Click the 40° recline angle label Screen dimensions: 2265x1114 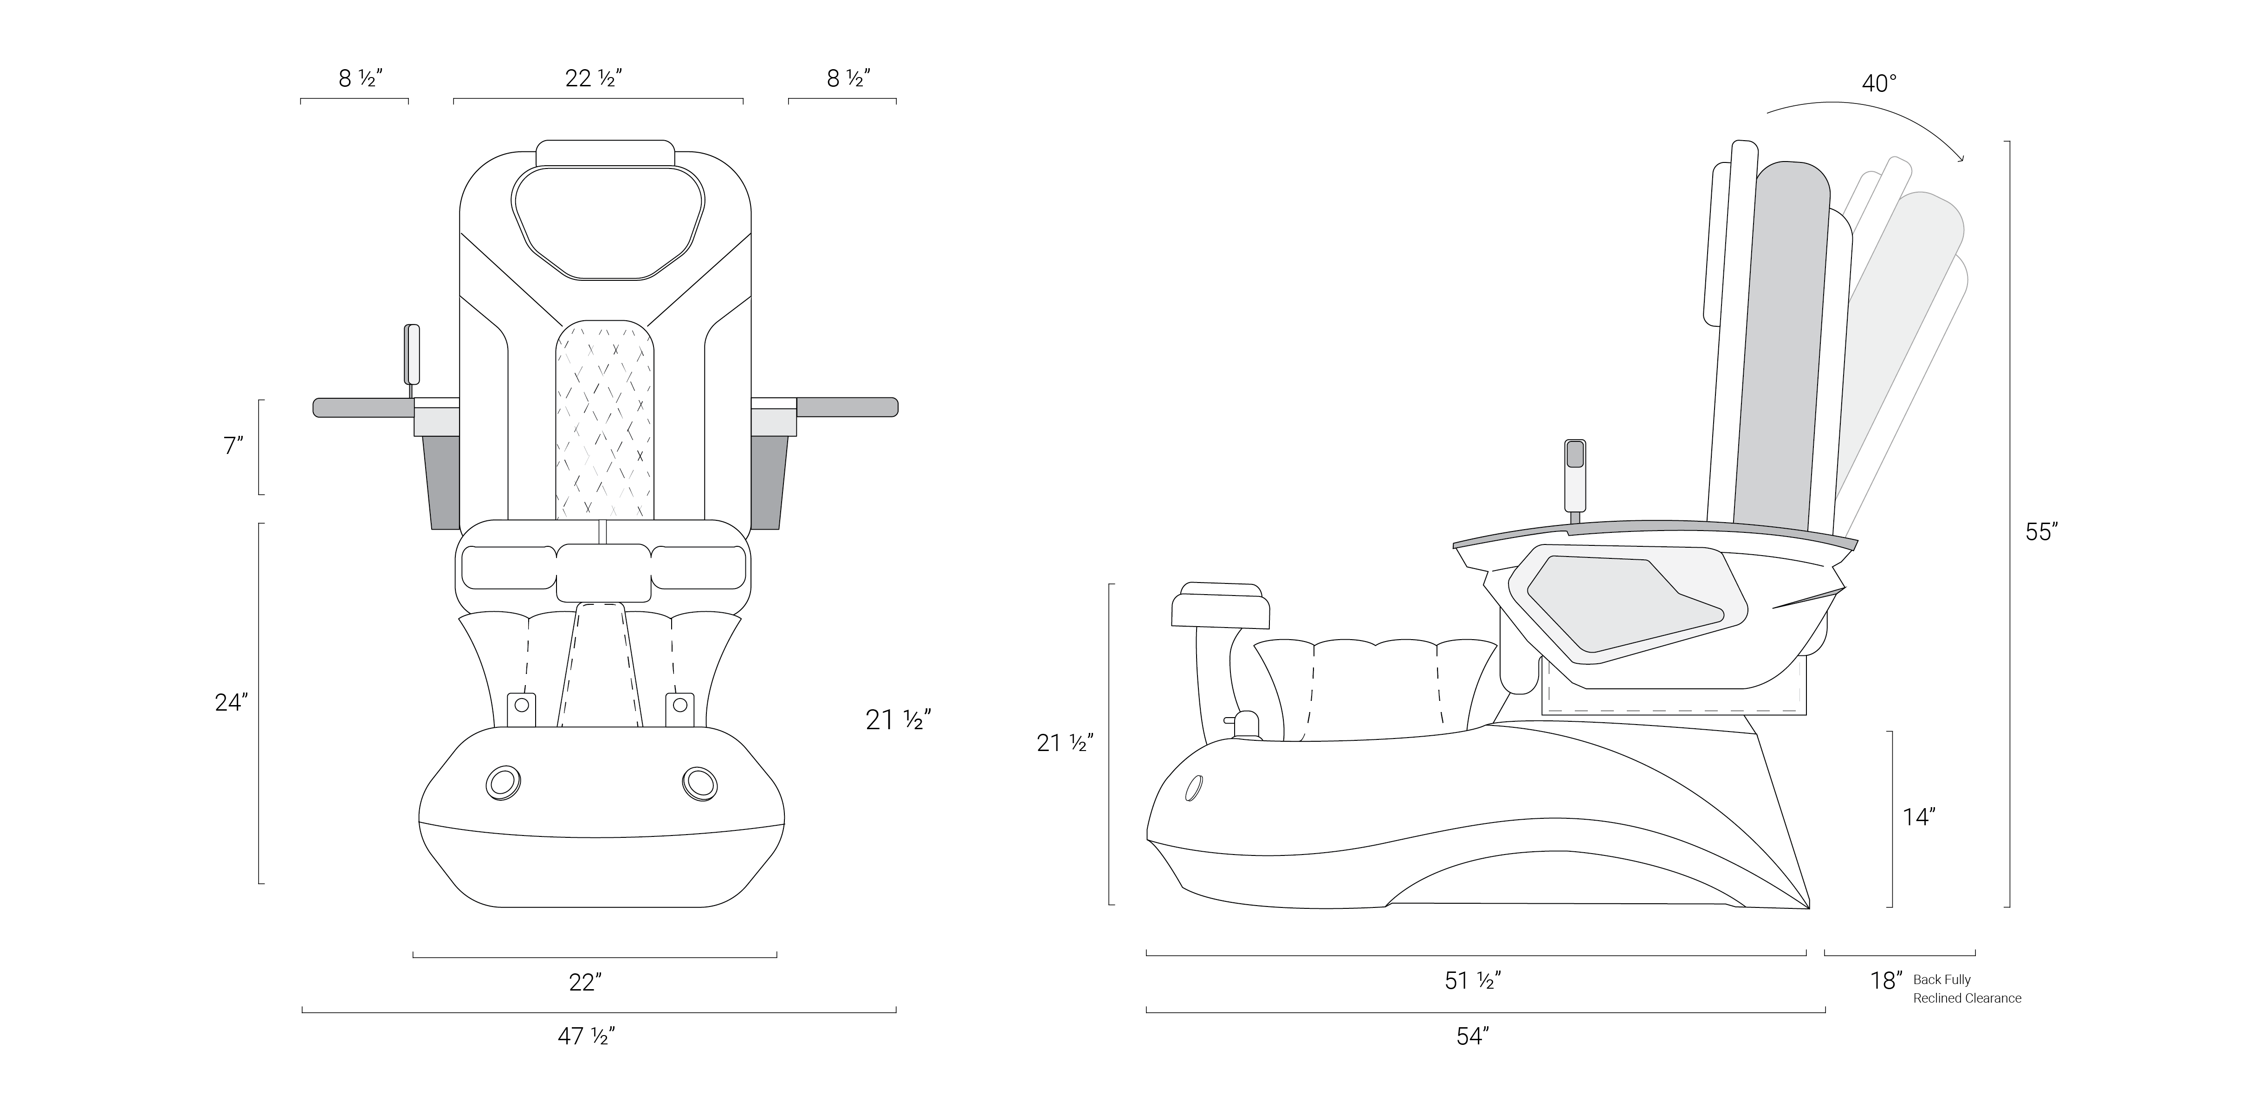[x=1879, y=84]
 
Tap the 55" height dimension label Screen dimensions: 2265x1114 [x=2042, y=532]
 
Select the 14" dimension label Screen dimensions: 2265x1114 [x=1919, y=817]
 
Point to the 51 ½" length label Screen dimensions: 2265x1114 [x=1473, y=980]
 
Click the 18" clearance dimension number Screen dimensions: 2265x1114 [x=1886, y=980]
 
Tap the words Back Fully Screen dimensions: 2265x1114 [x=1942, y=979]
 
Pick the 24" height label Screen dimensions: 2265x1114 [x=231, y=702]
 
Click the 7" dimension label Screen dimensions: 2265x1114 [x=233, y=446]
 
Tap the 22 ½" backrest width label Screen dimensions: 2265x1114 [x=595, y=78]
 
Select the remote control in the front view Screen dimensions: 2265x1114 [x=412, y=354]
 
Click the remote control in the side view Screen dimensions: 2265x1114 [x=1575, y=475]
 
